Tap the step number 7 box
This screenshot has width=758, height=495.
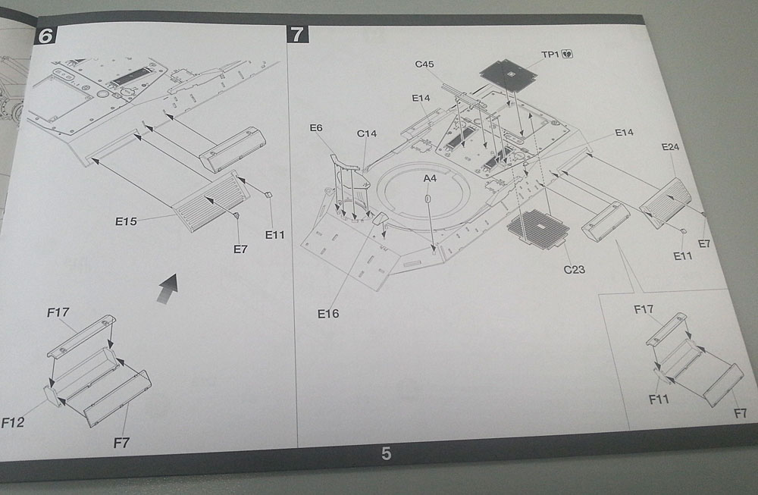(297, 34)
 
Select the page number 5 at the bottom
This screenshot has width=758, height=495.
(386, 453)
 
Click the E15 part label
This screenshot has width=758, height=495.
(126, 221)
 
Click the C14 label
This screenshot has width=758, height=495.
(367, 134)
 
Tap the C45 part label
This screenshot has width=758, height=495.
(424, 64)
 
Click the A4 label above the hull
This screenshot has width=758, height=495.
(430, 178)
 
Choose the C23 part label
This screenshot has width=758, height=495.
(574, 269)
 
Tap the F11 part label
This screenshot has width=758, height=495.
(659, 398)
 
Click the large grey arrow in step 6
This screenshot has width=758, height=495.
(168, 288)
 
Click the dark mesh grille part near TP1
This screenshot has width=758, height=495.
(509, 74)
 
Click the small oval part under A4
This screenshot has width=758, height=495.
(428, 199)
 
